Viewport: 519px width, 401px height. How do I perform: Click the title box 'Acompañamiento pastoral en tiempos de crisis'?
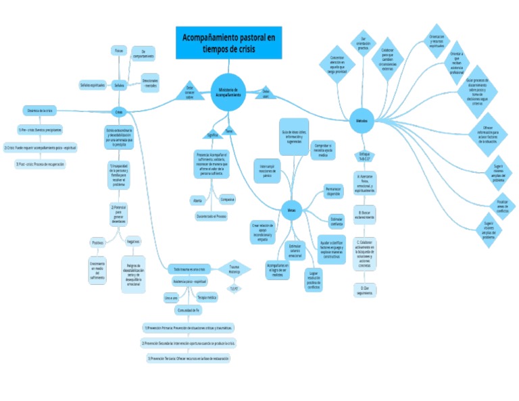(x=229, y=43)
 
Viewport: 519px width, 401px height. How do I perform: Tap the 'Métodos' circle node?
(x=362, y=121)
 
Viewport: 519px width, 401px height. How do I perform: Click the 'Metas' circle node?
(x=291, y=210)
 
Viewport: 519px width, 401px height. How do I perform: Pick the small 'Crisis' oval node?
(x=119, y=112)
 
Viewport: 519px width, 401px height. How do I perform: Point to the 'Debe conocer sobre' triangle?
(x=189, y=92)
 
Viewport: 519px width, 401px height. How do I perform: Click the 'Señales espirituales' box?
(x=92, y=85)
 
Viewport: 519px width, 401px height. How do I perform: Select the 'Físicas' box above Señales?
(x=119, y=51)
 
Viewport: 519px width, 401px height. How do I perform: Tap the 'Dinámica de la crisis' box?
(x=39, y=110)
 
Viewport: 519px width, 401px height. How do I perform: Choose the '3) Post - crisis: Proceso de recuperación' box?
(x=40, y=163)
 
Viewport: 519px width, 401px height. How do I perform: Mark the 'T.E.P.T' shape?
(x=234, y=289)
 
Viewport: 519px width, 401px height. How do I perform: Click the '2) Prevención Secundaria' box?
(x=188, y=343)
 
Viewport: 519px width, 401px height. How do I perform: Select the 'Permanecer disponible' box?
(x=333, y=191)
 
